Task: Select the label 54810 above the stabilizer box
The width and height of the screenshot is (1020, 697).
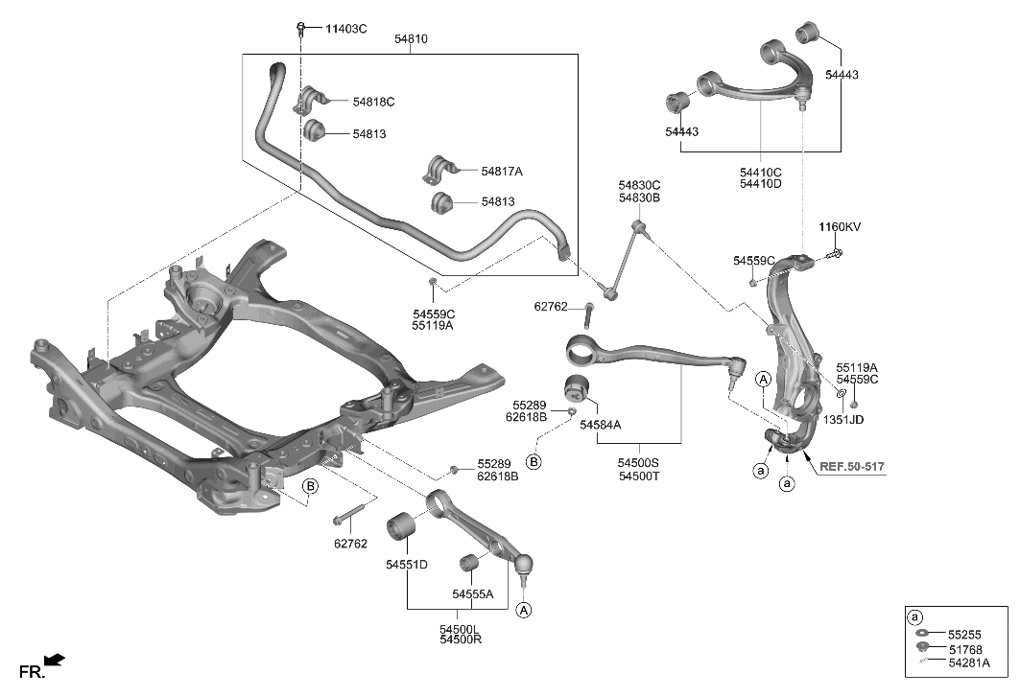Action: click(411, 39)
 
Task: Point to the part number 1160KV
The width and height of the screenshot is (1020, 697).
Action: click(840, 227)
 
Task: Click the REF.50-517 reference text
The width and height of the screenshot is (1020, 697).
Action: click(851, 468)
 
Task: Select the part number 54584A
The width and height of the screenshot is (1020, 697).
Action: click(600, 424)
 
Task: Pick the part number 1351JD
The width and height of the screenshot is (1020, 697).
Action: click(842, 419)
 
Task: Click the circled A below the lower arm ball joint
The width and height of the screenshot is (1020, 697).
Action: click(524, 609)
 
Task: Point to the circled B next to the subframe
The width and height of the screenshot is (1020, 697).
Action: click(310, 487)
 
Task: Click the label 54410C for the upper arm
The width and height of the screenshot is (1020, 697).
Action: click(760, 173)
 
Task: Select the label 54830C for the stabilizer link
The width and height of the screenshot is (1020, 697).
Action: click(639, 185)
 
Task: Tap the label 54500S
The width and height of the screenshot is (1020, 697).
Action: click(639, 462)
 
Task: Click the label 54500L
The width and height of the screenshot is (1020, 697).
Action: click(461, 629)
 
